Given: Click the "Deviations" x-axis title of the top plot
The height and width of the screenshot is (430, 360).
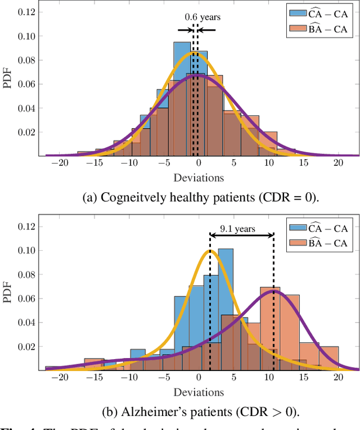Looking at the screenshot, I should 198,177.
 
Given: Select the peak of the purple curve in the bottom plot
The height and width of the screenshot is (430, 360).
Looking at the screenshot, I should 274,291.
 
